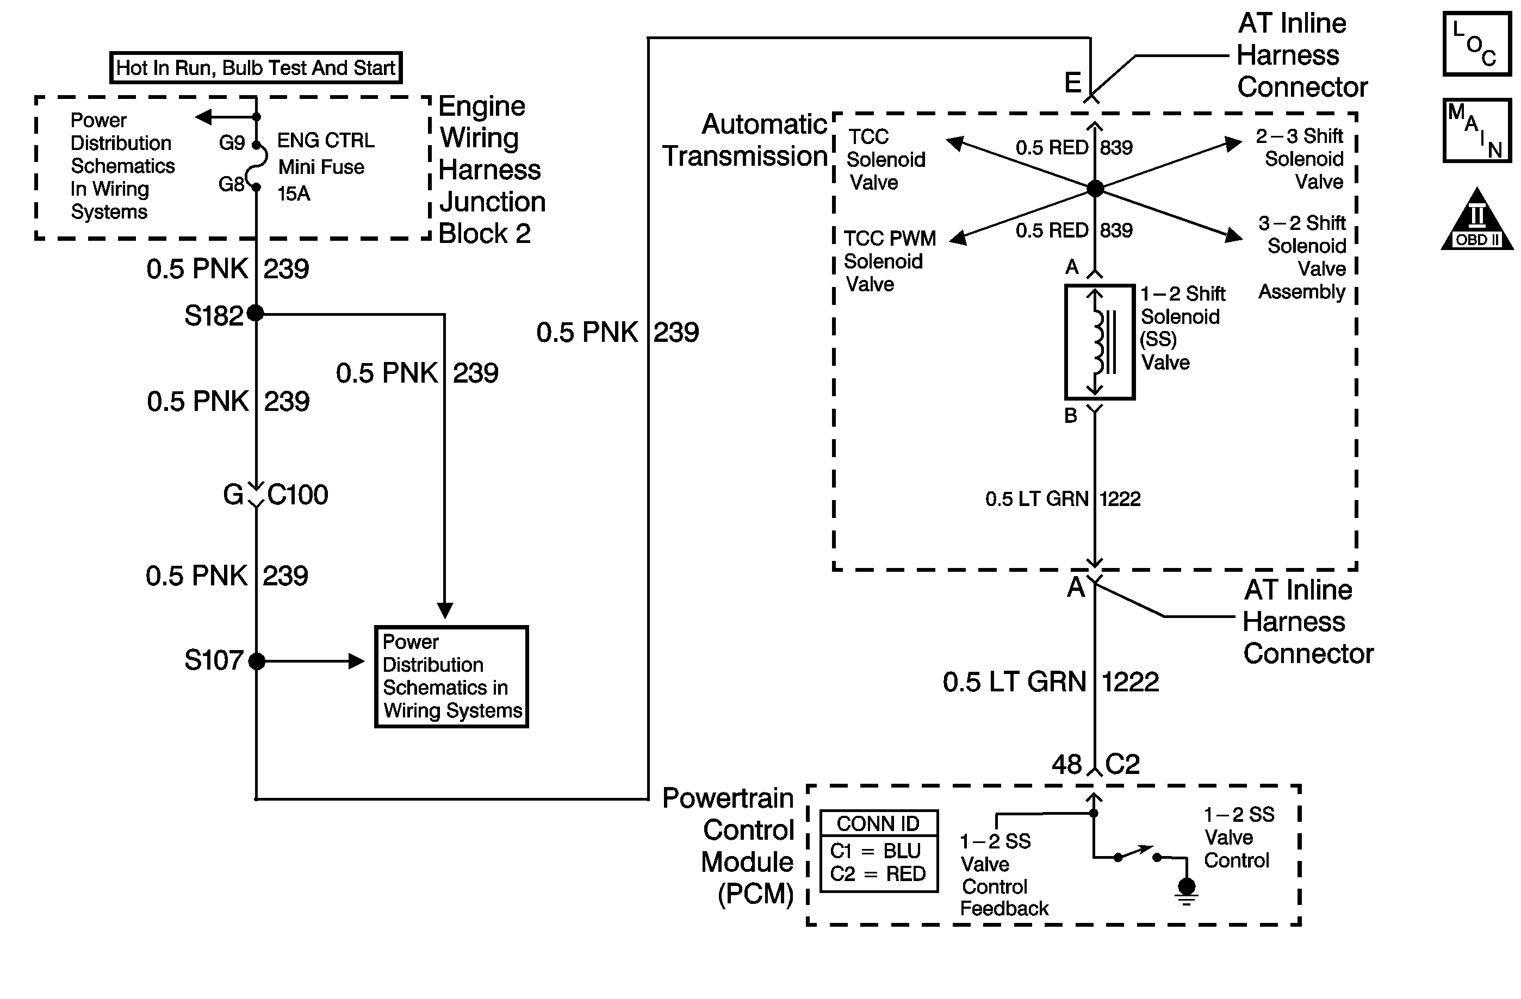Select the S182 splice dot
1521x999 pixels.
256,313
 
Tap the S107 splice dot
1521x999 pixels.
256,661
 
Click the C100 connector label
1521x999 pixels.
298,495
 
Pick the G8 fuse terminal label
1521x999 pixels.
231,185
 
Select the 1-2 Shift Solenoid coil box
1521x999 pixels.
1099,342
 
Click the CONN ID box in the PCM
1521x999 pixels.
879,850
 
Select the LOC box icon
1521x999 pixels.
1477,44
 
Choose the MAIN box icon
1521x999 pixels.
1477,130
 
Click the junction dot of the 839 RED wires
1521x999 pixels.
1095,189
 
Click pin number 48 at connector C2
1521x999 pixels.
1066,765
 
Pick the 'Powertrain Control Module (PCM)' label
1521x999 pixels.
729,845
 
